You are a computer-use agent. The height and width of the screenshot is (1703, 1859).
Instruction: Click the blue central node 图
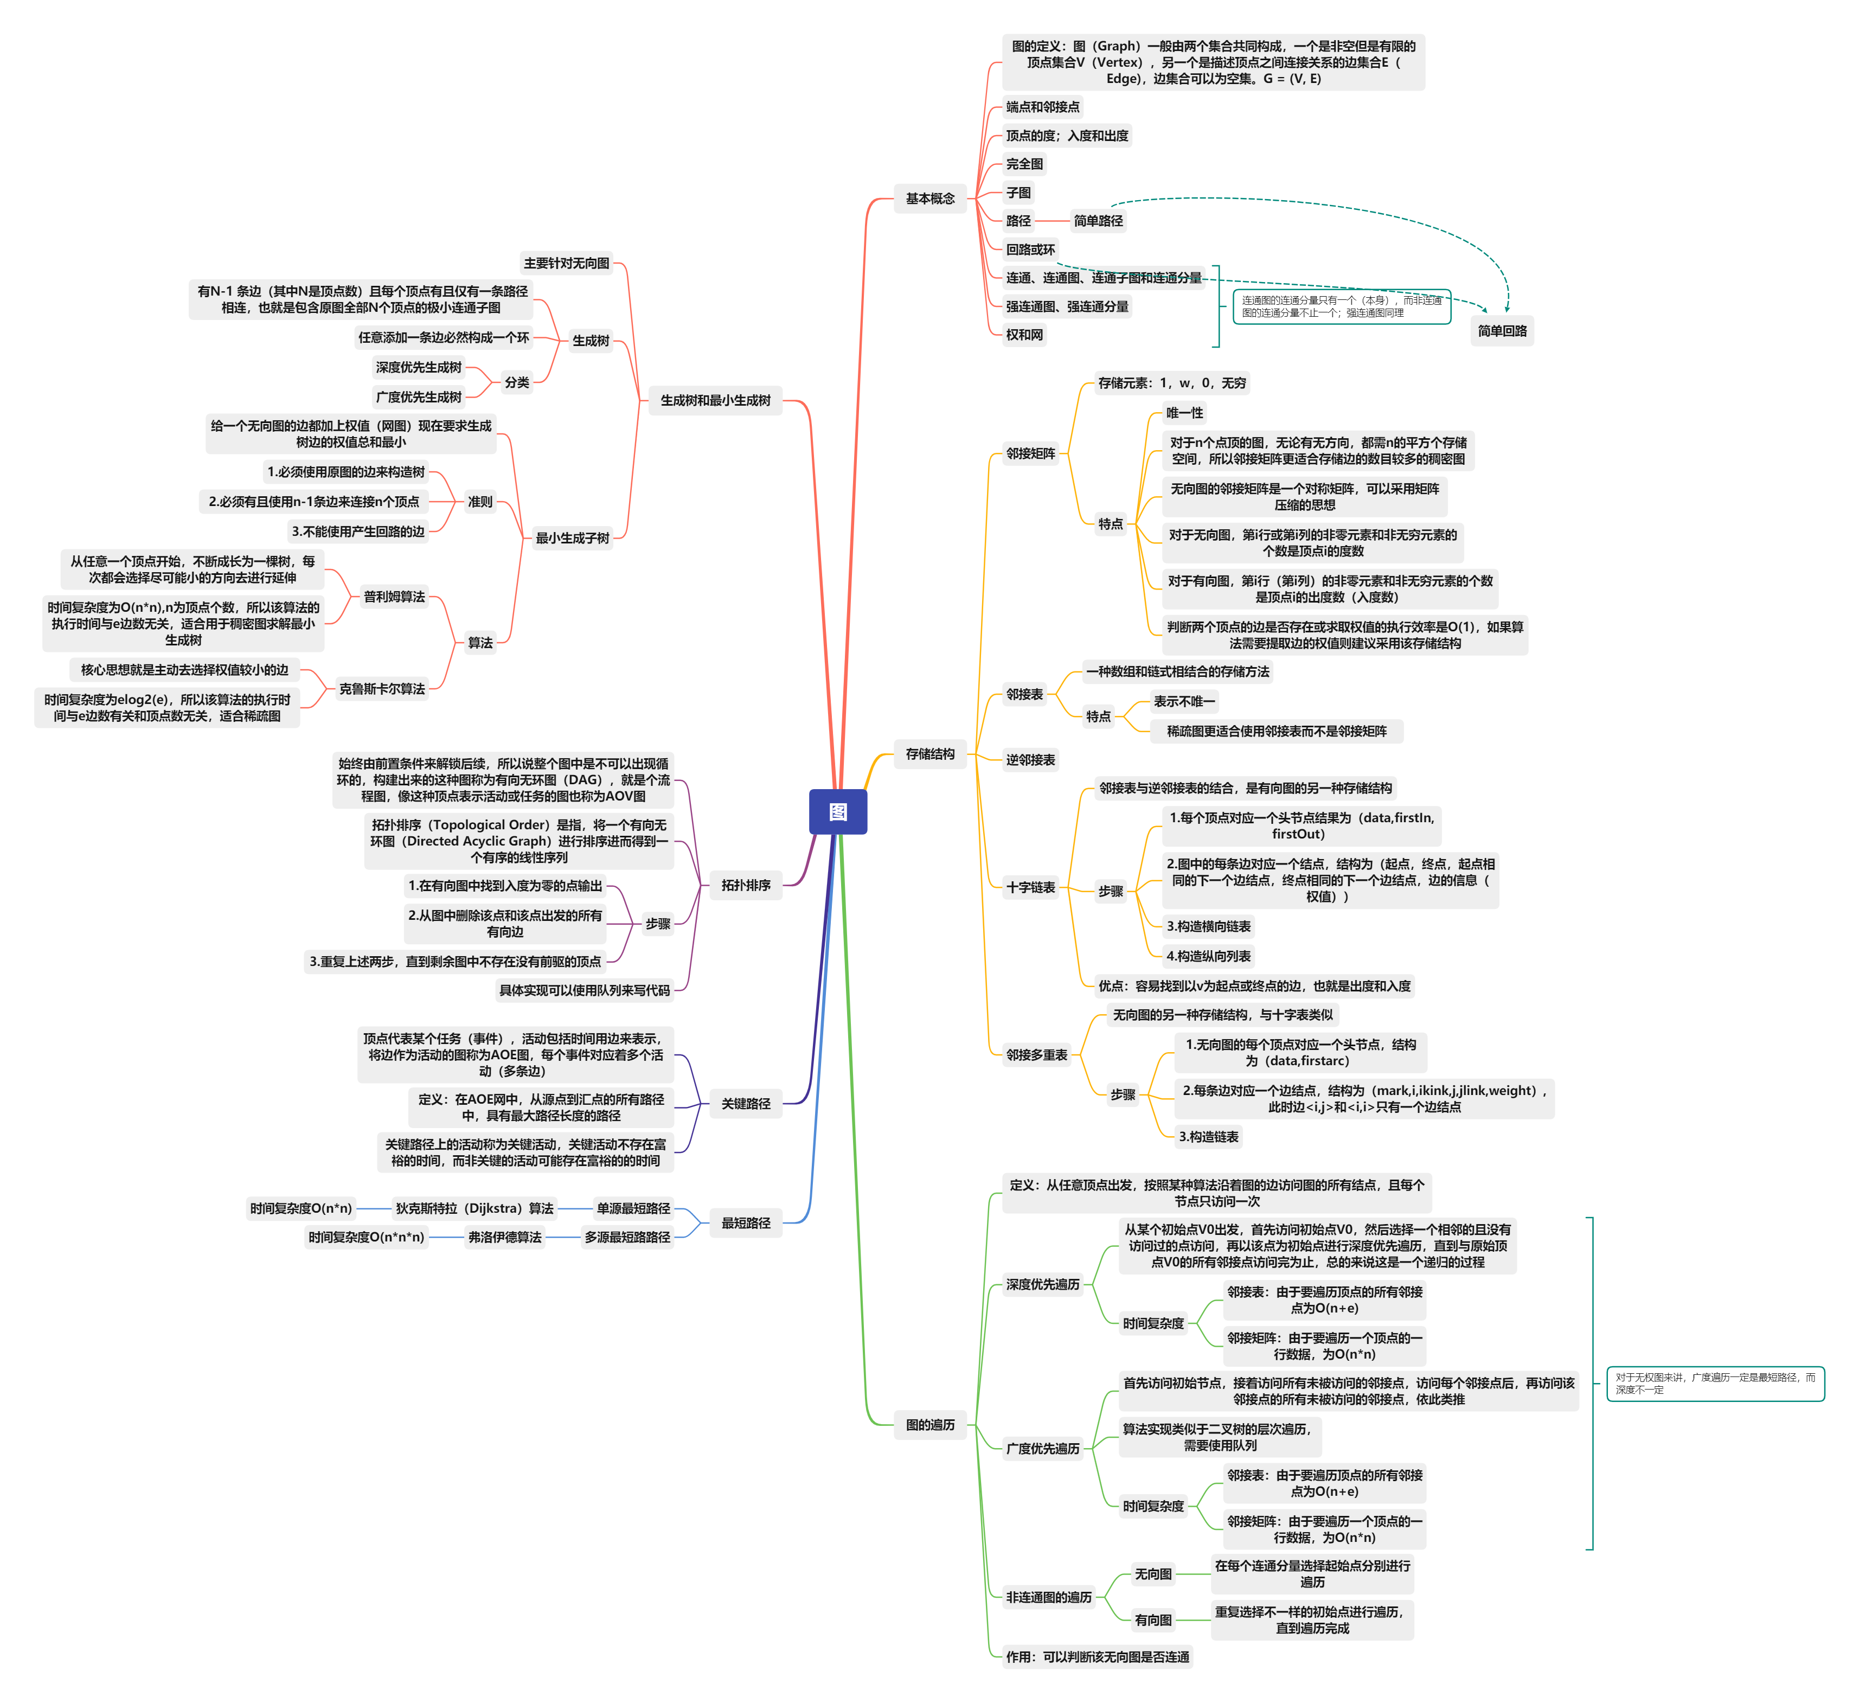click(x=837, y=811)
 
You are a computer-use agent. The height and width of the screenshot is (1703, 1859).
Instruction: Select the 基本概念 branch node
click(x=929, y=199)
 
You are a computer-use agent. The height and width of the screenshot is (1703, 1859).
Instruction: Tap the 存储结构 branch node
click(x=929, y=753)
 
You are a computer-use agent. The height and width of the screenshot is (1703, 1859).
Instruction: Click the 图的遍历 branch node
click(x=929, y=1425)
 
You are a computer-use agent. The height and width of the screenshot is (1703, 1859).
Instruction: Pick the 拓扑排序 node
click(x=745, y=885)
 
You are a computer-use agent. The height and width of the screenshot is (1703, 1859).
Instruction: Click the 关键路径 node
click(x=745, y=1104)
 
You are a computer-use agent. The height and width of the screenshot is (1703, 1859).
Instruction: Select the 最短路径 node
click(x=745, y=1222)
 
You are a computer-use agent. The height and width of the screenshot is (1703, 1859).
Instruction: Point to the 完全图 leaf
click(x=1024, y=164)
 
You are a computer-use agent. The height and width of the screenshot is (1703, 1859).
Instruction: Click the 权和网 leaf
click(x=1024, y=335)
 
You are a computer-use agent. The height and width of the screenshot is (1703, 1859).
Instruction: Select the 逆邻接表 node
click(x=1030, y=760)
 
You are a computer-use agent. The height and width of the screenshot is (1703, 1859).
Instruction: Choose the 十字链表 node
click(x=1030, y=887)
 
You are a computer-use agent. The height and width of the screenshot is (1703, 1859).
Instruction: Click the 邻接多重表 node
click(x=1036, y=1055)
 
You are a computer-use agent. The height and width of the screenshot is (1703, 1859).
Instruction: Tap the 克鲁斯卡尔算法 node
click(x=382, y=689)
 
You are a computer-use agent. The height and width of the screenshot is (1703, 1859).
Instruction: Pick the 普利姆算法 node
click(x=394, y=597)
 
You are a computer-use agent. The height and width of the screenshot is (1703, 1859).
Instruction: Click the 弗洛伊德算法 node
click(x=504, y=1237)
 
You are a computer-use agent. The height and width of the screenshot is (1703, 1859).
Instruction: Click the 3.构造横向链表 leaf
click(x=1208, y=927)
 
